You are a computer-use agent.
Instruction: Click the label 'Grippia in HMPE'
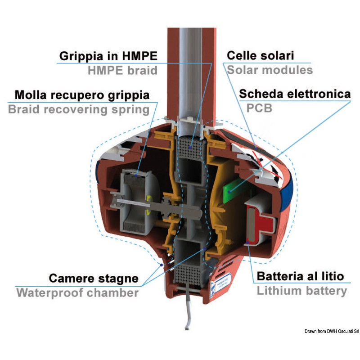(109, 57)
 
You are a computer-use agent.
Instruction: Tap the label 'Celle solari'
(261, 56)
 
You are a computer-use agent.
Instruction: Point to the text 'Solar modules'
(270, 70)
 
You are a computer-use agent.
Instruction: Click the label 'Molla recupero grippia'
(82, 95)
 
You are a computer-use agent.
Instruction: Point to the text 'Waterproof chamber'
(77, 292)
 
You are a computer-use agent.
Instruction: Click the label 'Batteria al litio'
(300, 276)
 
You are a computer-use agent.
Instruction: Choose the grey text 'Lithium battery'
(302, 291)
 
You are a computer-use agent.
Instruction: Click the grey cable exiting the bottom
(189, 310)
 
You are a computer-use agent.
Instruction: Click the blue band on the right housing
(286, 189)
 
